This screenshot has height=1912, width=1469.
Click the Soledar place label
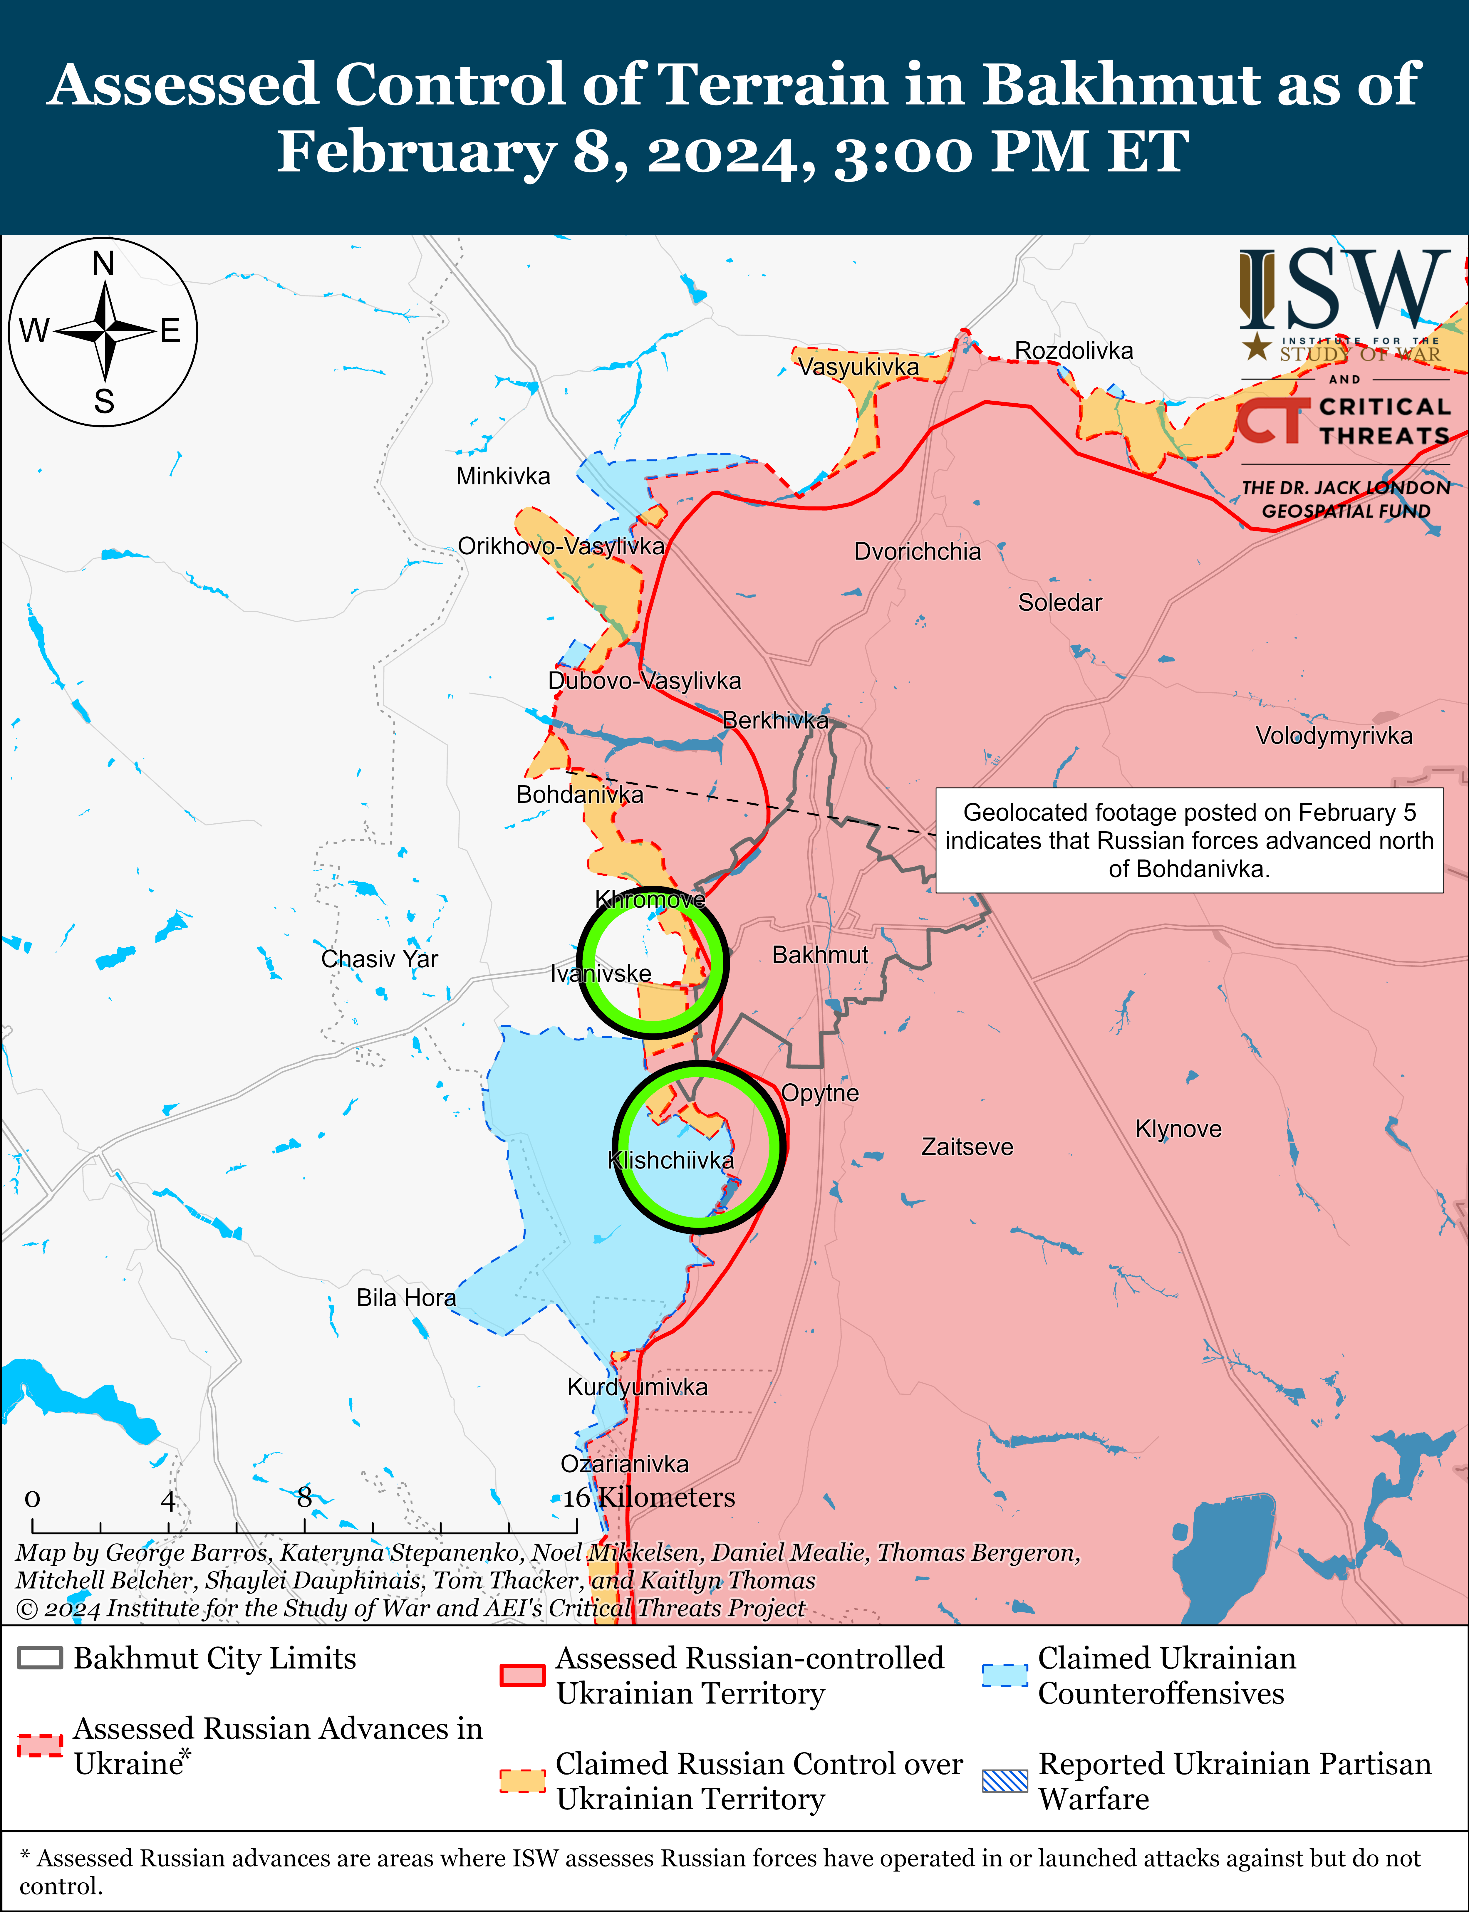coord(1060,602)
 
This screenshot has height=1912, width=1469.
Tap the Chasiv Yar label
coord(380,959)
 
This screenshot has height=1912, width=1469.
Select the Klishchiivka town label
coord(671,1160)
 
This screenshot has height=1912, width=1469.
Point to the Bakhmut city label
coord(820,955)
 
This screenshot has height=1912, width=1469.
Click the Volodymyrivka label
coord(1334,735)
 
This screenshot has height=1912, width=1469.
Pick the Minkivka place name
coord(503,476)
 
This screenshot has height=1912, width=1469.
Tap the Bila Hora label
coord(406,1297)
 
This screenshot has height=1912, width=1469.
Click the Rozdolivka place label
coord(1074,350)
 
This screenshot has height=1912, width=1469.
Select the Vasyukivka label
coord(859,367)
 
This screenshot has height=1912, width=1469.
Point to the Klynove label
coord(1178,1129)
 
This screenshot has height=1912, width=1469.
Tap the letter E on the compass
coord(170,330)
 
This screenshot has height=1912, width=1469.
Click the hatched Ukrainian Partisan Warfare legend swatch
coord(1005,1781)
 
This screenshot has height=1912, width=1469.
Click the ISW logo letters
coord(1342,288)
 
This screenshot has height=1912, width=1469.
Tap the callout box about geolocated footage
coord(1189,840)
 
